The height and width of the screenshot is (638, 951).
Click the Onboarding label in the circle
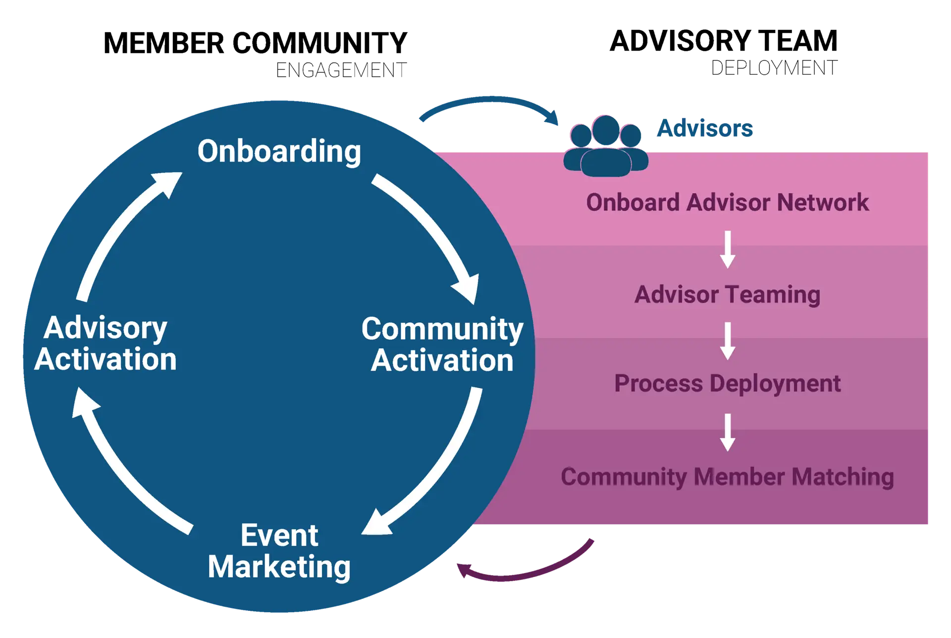(x=279, y=151)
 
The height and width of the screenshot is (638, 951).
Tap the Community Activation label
(x=442, y=344)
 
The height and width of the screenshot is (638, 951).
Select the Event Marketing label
(x=279, y=551)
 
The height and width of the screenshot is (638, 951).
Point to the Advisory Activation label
(x=106, y=344)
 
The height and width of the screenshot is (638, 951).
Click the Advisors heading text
(x=705, y=129)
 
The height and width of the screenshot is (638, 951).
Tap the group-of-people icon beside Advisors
(x=605, y=147)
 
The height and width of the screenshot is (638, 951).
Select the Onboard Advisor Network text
(x=727, y=202)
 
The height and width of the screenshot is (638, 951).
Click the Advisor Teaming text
(x=727, y=294)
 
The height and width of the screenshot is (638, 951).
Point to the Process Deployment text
(x=727, y=384)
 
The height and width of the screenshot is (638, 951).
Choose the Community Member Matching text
(x=727, y=477)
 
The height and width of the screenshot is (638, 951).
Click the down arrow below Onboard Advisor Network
(x=727, y=249)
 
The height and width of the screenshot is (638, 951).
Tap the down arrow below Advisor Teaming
(x=727, y=341)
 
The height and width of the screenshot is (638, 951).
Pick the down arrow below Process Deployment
(x=727, y=432)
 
